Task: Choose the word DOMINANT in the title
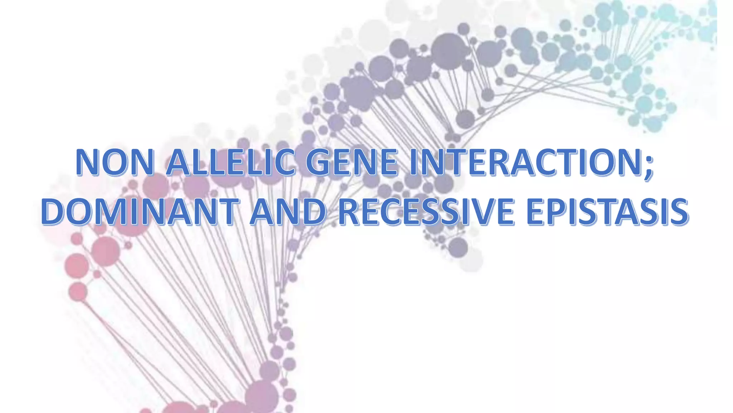point(140,212)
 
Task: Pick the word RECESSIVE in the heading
point(426,212)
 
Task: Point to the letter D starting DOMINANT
point(54,212)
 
